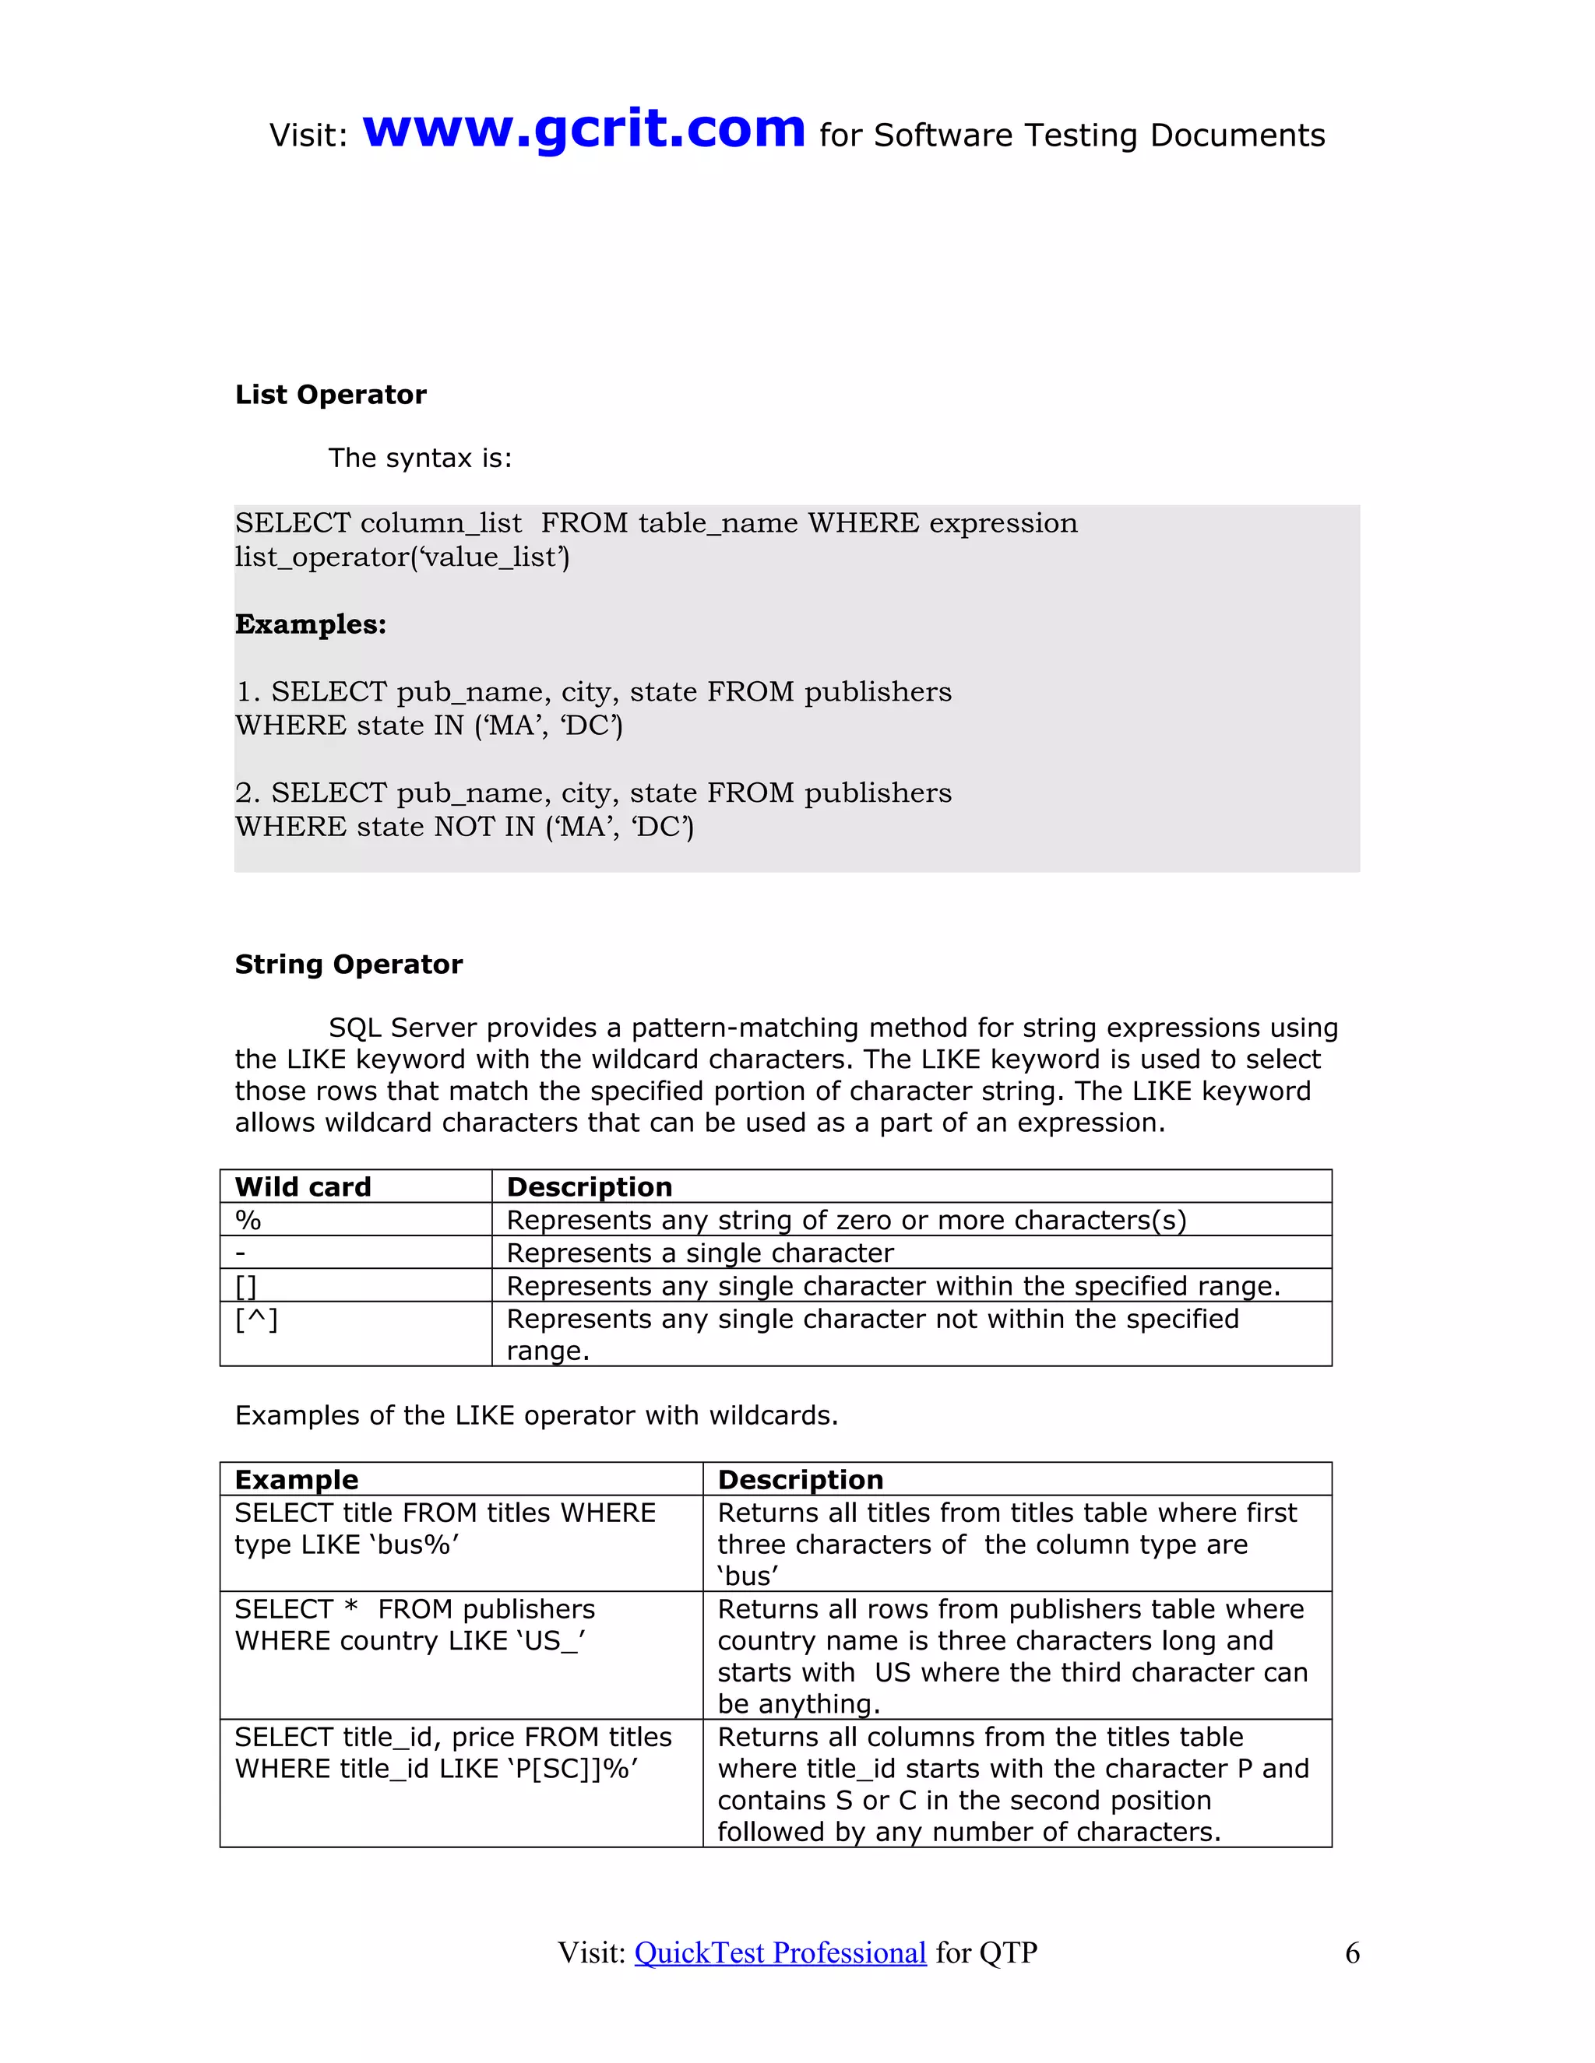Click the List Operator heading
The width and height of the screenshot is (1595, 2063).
click(x=331, y=395)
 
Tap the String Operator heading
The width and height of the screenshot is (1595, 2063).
click(x=349, y=965)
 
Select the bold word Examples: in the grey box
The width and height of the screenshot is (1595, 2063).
click(x=311, y=624)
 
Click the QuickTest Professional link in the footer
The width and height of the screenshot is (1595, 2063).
click(x=780, y=1952)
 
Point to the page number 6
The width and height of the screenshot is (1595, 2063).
click(x=1352, y=1952)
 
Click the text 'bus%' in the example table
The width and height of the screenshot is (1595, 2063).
click(x=414, y=1545)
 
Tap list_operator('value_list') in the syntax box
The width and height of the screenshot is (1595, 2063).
click(x=403, y=557)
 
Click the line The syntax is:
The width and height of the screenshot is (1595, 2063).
click(x=420, y=458)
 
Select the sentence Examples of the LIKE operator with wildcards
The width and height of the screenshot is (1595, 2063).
click(x=536, y=1416)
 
